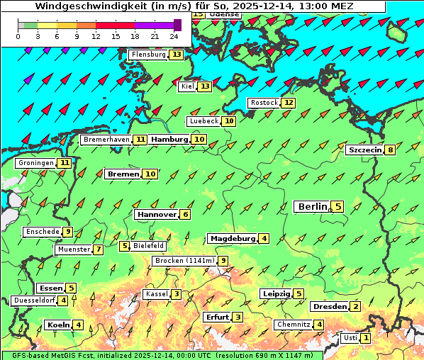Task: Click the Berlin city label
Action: pos(312,207)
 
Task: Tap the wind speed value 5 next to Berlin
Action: pos(338,207)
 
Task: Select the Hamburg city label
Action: pos(169,140)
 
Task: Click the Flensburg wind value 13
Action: pos(176,55)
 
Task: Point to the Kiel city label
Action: pos(187,86)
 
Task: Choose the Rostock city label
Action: pos(264,103)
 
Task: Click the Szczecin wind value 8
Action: pos(390,150)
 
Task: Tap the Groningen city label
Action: pos(36,163)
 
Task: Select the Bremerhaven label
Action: pos(106,140)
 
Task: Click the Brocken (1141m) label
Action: pos(183,261)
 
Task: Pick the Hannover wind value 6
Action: pos(185,214)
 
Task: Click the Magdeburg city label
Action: pos(232,238)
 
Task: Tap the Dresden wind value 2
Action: pos(356,307)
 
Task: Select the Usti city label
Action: pos(350,338)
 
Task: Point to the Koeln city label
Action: pos(57,325)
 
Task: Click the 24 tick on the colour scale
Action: pos(174,36)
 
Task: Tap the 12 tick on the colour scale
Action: pos(96,36)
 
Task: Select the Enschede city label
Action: pos(42,232)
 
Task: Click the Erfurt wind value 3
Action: pos(238,317)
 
